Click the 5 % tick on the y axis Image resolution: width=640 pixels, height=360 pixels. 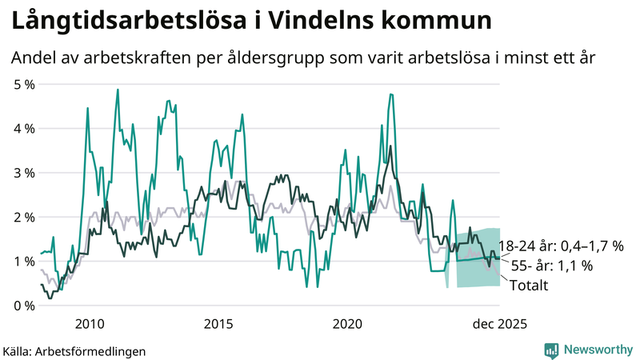[22, 84]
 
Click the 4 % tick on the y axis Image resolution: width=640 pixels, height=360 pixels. [22, 128]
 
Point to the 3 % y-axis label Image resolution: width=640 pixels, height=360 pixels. [22, 173]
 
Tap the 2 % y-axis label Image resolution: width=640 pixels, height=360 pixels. [22, 217]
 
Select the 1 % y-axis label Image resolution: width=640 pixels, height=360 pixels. [22, 262]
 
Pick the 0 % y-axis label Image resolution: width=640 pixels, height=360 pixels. [22, 306]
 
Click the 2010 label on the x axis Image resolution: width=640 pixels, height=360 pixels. [89, 324]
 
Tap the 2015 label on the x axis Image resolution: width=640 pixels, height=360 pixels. [218, 324]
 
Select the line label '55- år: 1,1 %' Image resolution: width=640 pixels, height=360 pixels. [551, 266]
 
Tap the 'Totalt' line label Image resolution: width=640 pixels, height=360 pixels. [528, 286]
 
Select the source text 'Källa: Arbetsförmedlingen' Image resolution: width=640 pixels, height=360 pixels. [74, 350]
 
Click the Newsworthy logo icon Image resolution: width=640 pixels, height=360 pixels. [551, 350]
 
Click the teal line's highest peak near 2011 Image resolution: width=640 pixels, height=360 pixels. [118, 90]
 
